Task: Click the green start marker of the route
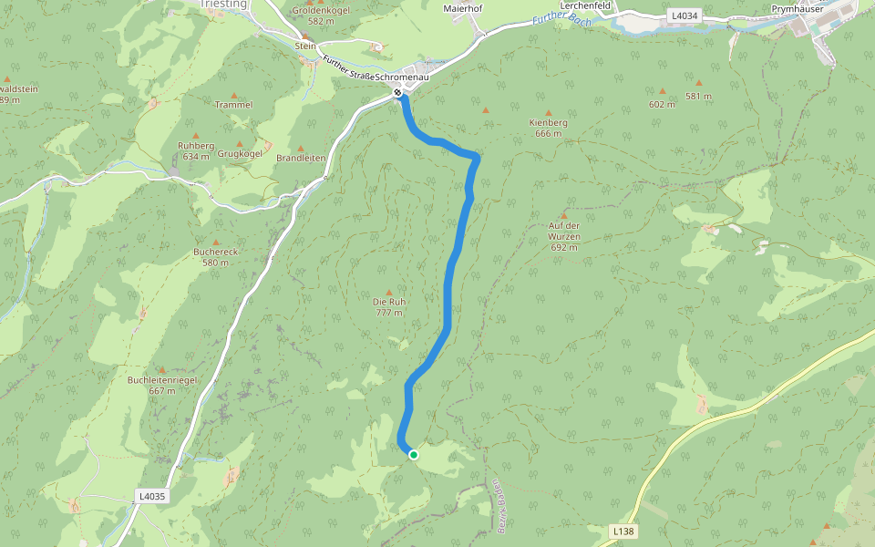(413, 454)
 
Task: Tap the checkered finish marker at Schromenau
(398, 92)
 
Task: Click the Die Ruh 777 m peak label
(389, 307)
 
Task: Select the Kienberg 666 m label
(548, 127)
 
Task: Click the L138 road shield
(623, 530)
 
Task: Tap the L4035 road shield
(151, 496)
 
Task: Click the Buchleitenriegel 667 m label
(150, 385)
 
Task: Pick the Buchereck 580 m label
(216, 256)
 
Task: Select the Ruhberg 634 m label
(195, 150)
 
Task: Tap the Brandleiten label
(301, 158)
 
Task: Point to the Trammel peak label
(233, 105)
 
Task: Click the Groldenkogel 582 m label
(322, 15)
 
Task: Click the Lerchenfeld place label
(584, 5)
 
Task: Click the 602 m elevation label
(662, 104)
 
